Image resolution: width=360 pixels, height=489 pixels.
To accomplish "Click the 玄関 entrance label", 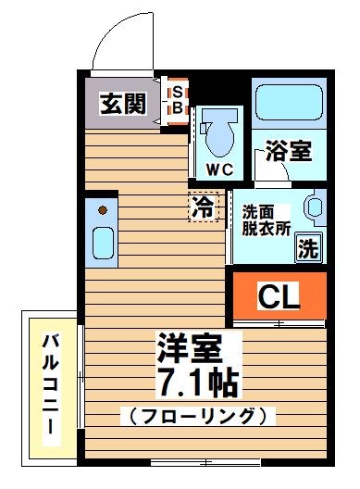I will click(x=124, y=103).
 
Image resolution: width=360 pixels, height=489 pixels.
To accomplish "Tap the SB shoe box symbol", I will click(x=178, y=99).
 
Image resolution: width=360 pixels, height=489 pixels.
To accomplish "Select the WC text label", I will click(x=218, y=169).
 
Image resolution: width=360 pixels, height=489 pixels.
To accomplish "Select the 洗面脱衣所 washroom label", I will click(x=262, y=219).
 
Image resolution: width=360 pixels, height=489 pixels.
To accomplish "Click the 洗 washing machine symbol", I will click(x=308, y=247).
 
